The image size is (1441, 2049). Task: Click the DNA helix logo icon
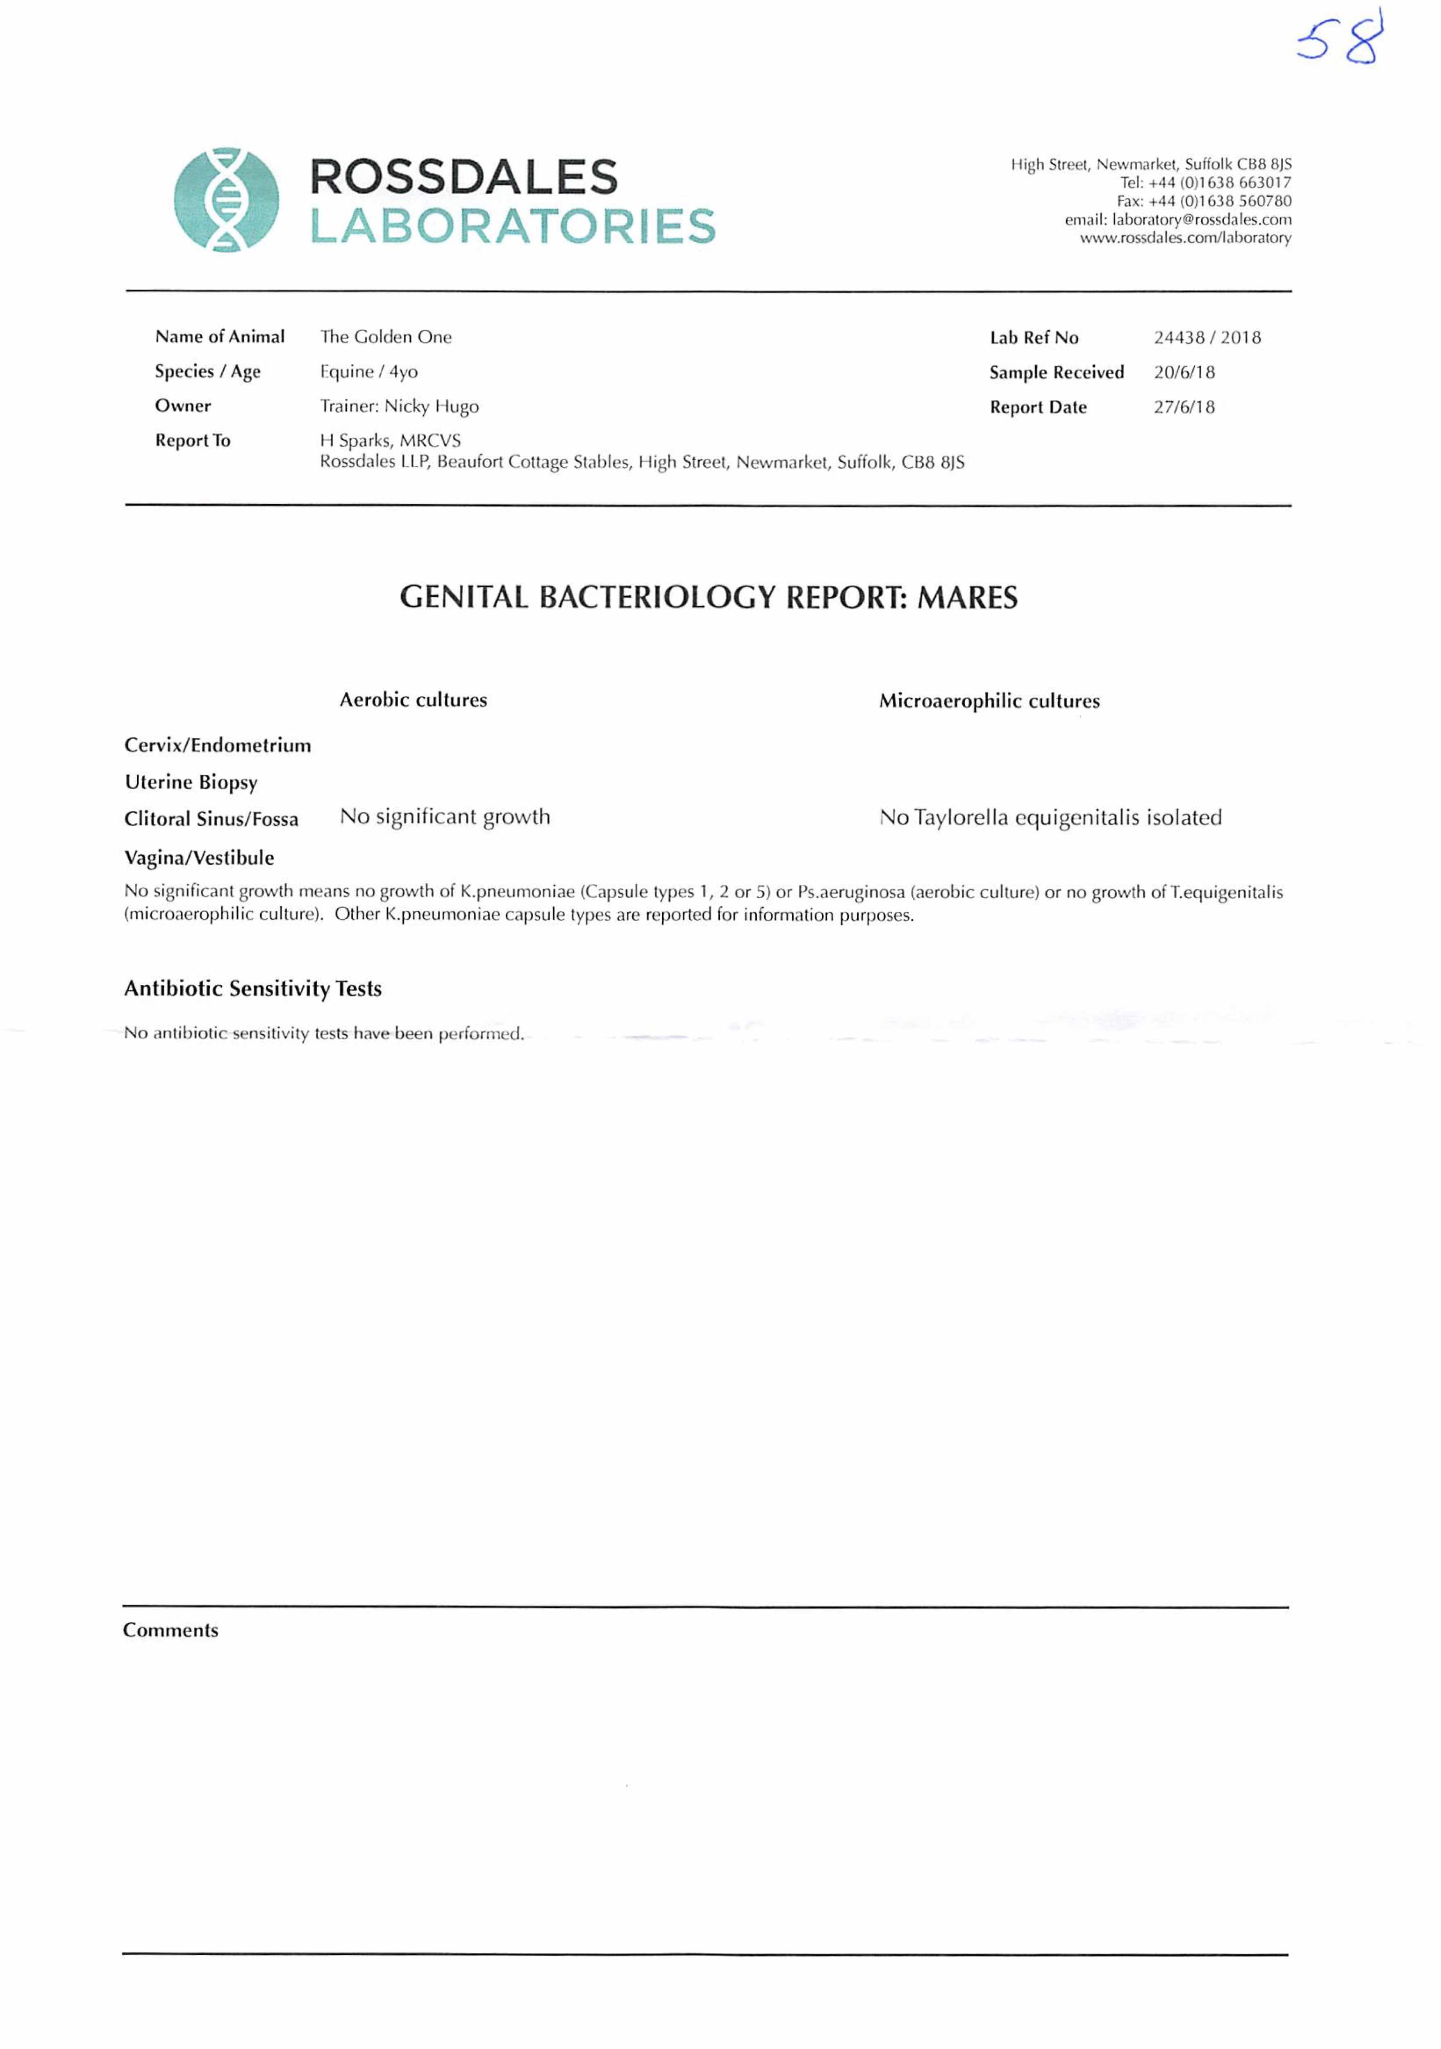[x=226, y=199]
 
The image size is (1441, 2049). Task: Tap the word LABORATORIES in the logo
[x=512, y=227]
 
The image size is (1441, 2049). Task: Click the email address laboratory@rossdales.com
[x=1177, y=220]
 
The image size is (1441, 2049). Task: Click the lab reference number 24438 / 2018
[x=1206, y=337]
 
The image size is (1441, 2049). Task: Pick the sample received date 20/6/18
[x=1184, y=372]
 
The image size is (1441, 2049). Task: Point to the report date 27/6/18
[x=1184, y=407]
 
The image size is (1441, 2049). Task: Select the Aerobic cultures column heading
[x=413, y=700]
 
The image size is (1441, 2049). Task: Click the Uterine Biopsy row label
[x=191, y=783]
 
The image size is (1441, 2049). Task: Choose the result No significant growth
[x=444, y=817]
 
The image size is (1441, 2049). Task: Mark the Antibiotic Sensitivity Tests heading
[x=252, y=989]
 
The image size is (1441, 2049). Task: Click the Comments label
[x=170, y=1631]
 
